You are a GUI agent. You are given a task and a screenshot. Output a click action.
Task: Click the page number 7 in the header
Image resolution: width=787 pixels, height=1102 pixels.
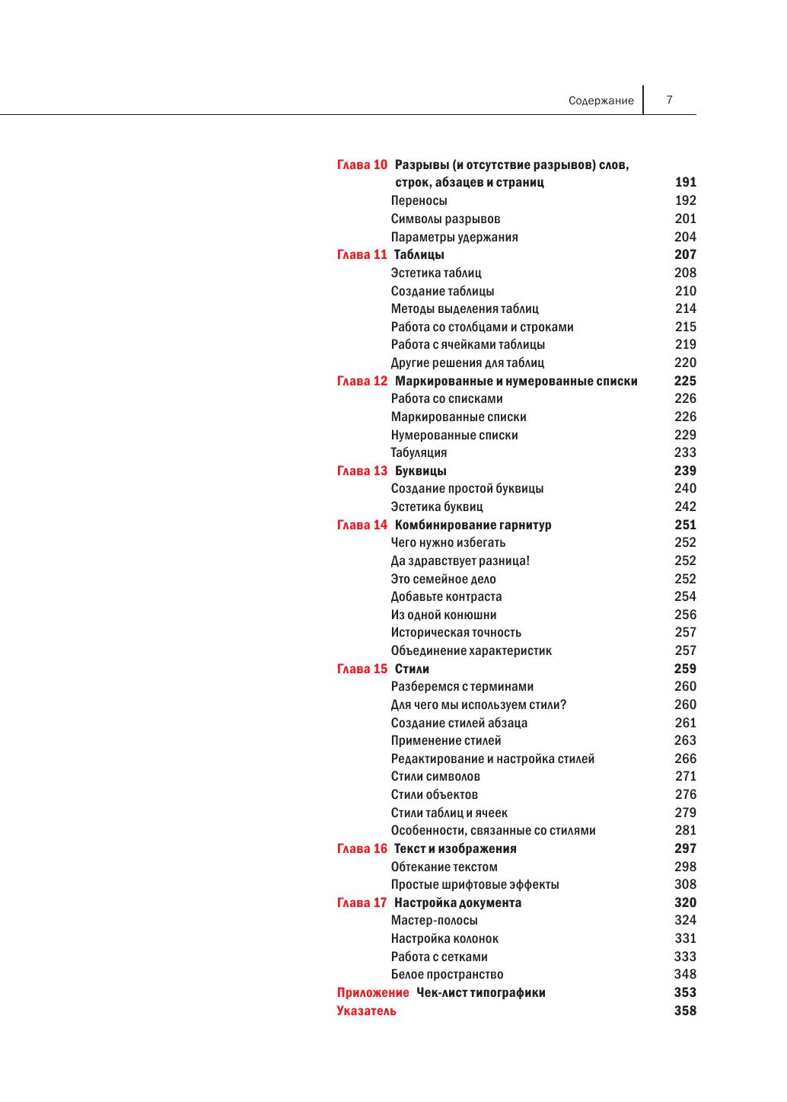(x=669, y=99)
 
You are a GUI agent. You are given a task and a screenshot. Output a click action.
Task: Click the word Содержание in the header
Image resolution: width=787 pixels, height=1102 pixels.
(x=601, y=101)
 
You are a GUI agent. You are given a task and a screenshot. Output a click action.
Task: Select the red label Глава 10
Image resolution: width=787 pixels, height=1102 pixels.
(x=362, y=165)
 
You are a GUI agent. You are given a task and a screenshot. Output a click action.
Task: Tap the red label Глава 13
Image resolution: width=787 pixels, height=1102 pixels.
(x=362, y=471)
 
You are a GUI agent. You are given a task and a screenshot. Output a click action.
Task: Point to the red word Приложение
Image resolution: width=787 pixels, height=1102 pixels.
(x=373, y=992)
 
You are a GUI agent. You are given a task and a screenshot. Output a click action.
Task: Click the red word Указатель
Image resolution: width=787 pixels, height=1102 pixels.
(x=366, y=1011)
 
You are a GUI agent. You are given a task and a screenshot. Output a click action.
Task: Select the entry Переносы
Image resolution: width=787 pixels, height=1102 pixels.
(x=419, y=200)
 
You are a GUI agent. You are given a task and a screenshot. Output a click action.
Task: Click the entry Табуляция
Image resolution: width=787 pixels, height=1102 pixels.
(x=419, y=452)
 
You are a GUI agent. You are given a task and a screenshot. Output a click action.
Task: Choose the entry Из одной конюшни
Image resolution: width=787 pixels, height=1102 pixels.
(x=444, y=615)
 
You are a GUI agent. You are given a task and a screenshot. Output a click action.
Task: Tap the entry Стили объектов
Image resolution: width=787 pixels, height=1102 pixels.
(x=435, y=794)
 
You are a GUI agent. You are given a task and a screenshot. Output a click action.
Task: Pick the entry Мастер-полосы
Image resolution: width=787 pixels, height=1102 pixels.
(x=435, y=920)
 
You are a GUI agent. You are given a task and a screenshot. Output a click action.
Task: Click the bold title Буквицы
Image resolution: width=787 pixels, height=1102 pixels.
(x=421, y=471)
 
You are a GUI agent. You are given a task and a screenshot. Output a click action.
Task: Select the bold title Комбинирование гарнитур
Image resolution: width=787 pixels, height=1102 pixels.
(x=473, y=525)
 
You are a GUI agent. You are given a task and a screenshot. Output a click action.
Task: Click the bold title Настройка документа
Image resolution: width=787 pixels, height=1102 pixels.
(x=458, y=902)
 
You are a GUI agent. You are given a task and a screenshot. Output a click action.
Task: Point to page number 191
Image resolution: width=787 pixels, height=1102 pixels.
(x=685, y=182)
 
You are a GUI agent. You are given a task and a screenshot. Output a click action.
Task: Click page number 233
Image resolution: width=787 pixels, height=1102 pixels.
(x=685, y=452)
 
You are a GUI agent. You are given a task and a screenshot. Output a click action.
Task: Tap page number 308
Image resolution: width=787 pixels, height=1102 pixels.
(x=685, y=884)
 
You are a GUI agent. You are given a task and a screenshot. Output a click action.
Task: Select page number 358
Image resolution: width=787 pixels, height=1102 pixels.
(x=685, y=1011)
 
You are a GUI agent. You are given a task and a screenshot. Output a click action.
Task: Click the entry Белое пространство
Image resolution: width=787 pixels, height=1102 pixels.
(x=447, y=974)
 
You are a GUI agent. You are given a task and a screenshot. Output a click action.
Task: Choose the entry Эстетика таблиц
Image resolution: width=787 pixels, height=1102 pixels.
(x=436, y=273)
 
